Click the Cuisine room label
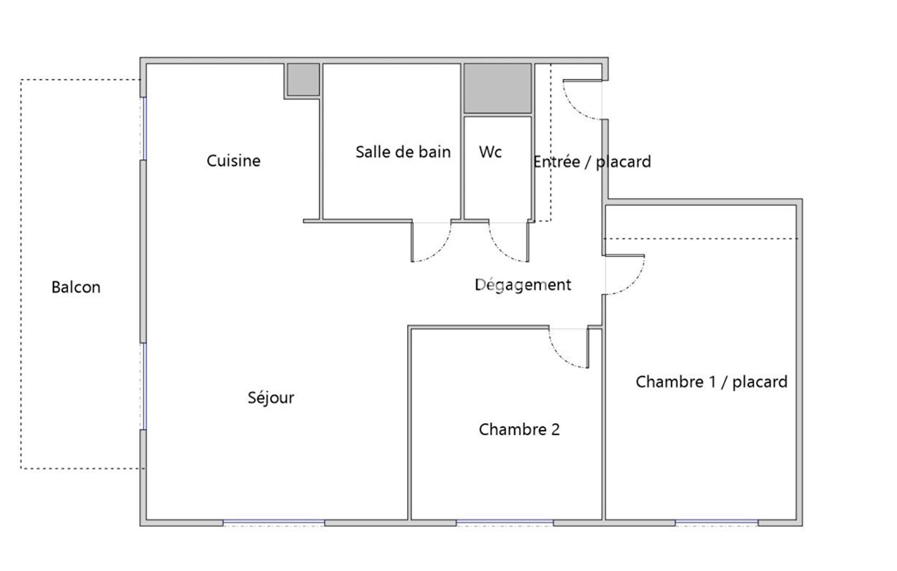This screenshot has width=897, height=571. click(233, 161)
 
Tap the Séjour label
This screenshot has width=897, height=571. click(271, 398)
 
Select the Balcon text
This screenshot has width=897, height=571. click(76, 287)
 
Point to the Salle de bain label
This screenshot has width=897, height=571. click(403, 152)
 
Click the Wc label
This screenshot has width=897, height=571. click(491, 152)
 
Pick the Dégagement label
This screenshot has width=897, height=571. click(523, 285)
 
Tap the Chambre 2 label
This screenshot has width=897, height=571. click(519, 429)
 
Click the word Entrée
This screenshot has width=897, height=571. click(557, 161)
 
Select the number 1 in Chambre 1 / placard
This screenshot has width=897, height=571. click(713, 382)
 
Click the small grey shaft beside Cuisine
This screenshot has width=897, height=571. click(303, 79)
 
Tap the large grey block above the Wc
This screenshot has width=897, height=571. click(498, 88)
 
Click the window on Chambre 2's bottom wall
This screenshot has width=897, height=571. click(504, 522)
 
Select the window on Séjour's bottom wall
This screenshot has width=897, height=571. click(274, 522)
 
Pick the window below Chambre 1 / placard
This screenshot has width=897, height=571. click(716, 522)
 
